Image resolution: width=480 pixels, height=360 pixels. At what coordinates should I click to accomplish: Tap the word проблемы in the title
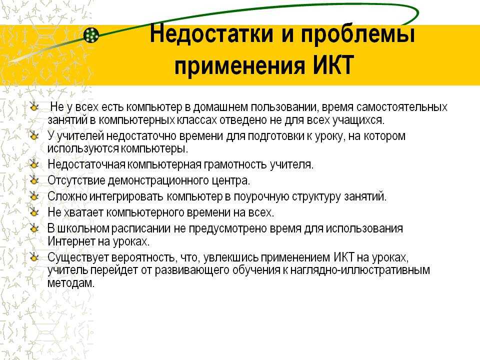pos(358,35)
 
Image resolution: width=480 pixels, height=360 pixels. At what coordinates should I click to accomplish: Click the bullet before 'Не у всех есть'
pos(34,107)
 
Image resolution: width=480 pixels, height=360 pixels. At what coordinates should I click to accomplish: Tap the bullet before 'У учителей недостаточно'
pos(34,135)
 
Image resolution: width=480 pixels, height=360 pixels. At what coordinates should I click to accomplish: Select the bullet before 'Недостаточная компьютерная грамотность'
pos(34,164)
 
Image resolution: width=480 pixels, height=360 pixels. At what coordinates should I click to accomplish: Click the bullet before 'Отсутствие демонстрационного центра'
pos(34,180)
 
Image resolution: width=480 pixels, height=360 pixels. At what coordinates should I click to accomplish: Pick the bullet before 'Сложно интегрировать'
pos(34,196)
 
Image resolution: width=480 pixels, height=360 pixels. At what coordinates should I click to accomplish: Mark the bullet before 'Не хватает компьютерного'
pos(34,212)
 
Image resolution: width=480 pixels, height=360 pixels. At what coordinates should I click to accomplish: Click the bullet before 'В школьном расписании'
pos(34,228)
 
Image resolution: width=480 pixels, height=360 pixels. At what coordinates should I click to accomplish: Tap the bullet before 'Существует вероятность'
pos(34,257)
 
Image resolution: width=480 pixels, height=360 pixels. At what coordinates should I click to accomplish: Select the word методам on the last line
pos(70,282)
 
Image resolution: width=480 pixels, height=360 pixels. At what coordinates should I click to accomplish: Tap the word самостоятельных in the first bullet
pos(402,107)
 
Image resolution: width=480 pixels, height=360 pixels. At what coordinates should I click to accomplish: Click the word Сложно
pos(67,196)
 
